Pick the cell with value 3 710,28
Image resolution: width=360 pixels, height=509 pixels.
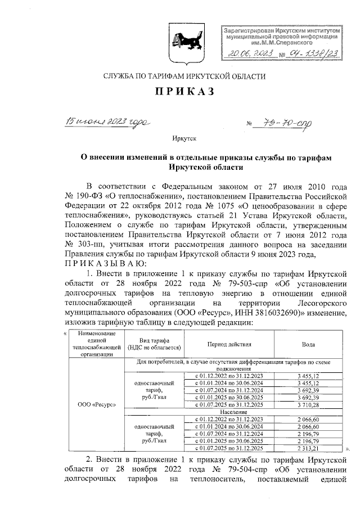308,405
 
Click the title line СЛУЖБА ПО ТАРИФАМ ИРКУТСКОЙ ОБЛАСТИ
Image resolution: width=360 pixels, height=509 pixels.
179,76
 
